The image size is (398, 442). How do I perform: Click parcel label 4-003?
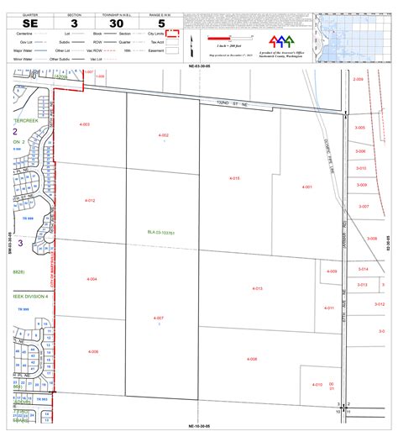pyautogui.click(x=84, y=124)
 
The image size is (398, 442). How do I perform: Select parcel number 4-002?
pyautogui.click(x=163, y=135)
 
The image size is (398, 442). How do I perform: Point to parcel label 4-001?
pyautogui.click(x=307, y=187)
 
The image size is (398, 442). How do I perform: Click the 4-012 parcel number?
pyautogui.click(x=90, y=201)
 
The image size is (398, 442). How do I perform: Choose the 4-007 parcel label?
pyautogui.click(x=159, y=318)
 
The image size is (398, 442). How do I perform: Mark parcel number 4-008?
pyautogui.click(x=252, y=359)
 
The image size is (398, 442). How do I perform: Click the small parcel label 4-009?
pyautogui.click(x=332, y=271)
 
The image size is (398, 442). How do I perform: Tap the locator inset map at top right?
pyautogui.click(x=353, y=39)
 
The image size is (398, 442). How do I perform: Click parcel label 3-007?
pyautogui.click(x=364, y=206)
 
